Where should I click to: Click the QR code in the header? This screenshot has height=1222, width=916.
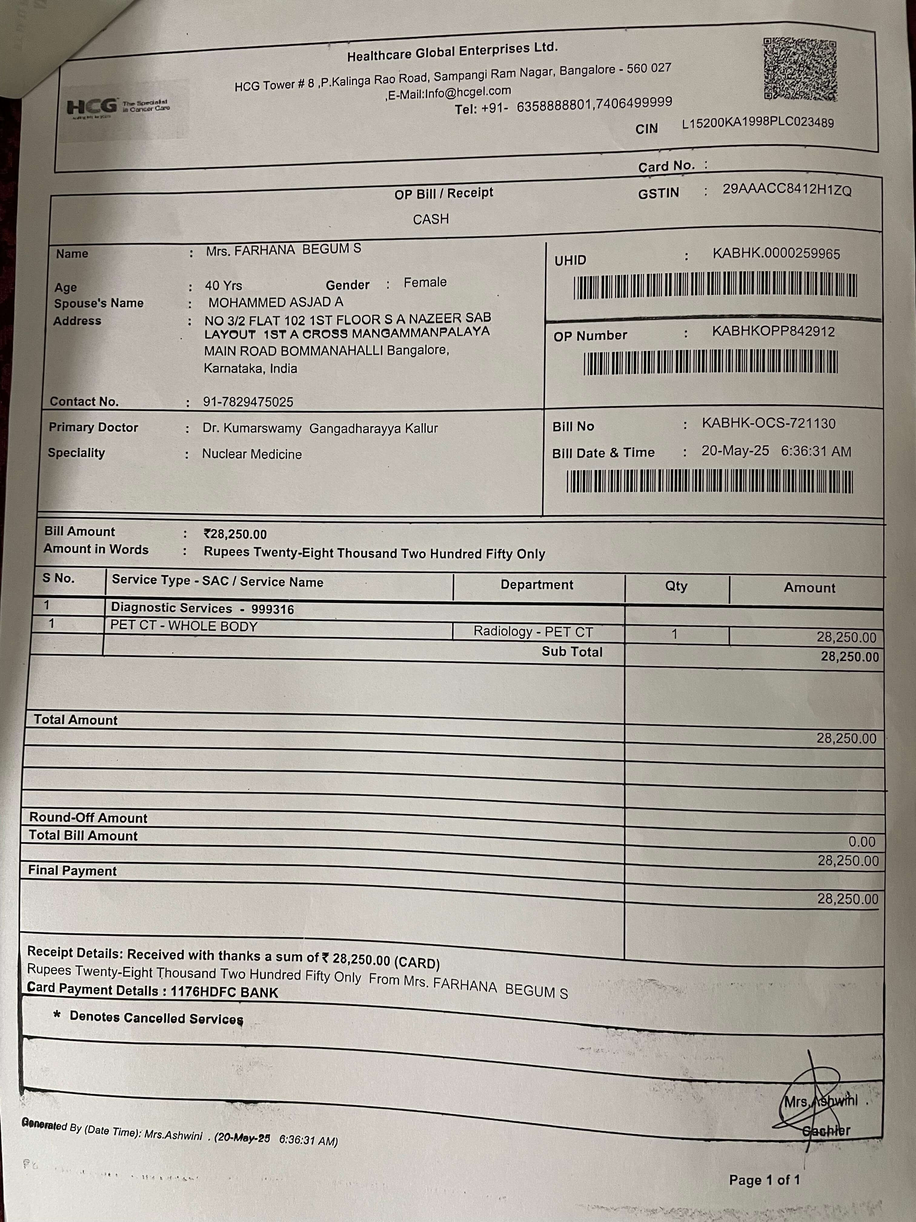[x=800, y=69]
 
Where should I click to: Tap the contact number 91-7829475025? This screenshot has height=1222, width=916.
[x=248, y=402]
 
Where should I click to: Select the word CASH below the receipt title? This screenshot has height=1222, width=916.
[x=431, y=219]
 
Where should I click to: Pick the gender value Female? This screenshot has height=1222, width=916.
[x=425, y=282]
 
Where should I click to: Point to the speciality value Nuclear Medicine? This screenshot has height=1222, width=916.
[x=252, y=454]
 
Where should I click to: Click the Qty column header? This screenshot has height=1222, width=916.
[x=676, y=586]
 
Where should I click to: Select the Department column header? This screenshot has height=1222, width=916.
[x=537, y=585]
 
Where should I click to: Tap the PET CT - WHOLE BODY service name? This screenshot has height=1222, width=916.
[x=184, y=626]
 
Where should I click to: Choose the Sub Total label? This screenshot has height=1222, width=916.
[x=572, y=652]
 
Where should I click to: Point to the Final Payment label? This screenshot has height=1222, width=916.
[x=72, y=871]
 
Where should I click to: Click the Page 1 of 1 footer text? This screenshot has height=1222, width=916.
[x=764, y=1180]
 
